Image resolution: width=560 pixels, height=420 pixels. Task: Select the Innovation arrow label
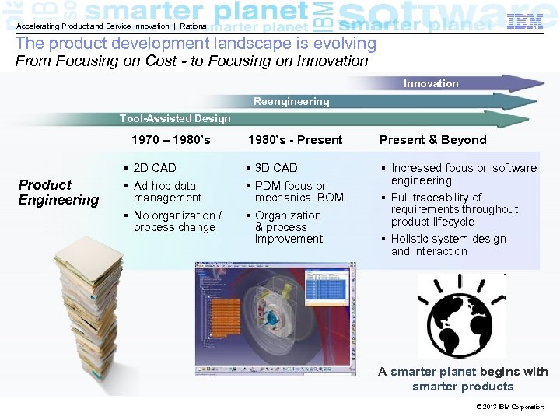tap(431, 83)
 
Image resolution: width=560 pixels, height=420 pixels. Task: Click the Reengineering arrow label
tap(291, 101)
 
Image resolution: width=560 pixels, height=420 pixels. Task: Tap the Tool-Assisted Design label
tap(175, 118)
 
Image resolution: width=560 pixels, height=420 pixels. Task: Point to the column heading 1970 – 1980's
tap(171, 140)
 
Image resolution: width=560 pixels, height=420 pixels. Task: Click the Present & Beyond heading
tap(432, 140)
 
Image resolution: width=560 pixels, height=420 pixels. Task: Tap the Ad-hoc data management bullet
tap(166, 191)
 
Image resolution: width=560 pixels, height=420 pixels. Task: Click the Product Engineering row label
tap(58, 192)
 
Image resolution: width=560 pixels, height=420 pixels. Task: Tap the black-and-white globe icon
tap(462, 316)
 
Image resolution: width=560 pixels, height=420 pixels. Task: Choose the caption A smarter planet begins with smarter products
tap(463, 379)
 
